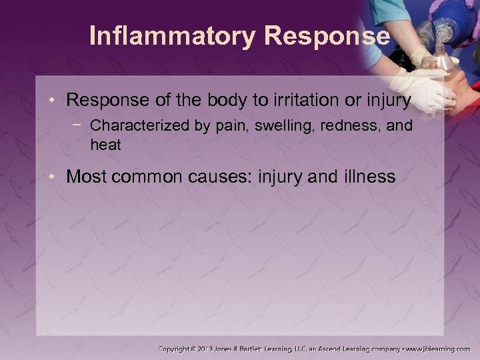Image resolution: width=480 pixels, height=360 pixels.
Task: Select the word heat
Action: (105, 145)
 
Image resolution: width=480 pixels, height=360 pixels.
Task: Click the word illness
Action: (370, 177)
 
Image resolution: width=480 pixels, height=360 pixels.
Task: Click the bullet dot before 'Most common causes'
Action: (58, 177)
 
